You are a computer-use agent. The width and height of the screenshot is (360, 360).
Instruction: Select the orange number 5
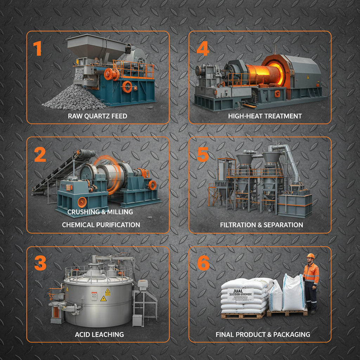[203, 154]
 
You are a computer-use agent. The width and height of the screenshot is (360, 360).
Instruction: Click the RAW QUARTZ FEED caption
[97, 116]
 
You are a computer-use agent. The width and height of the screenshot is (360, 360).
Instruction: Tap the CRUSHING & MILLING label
[100, 212]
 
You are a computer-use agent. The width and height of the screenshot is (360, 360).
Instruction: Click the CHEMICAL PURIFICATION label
[101, 225]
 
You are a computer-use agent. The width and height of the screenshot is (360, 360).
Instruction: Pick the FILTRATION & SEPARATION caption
[261, 225]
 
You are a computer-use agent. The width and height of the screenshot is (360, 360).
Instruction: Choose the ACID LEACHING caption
[99, 334]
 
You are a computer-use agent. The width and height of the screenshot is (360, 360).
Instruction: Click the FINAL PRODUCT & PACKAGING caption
[263, 334]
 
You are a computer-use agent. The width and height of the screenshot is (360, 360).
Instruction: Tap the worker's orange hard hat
[310, 256]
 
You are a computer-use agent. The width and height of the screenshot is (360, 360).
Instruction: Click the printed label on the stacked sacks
[240, 294]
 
